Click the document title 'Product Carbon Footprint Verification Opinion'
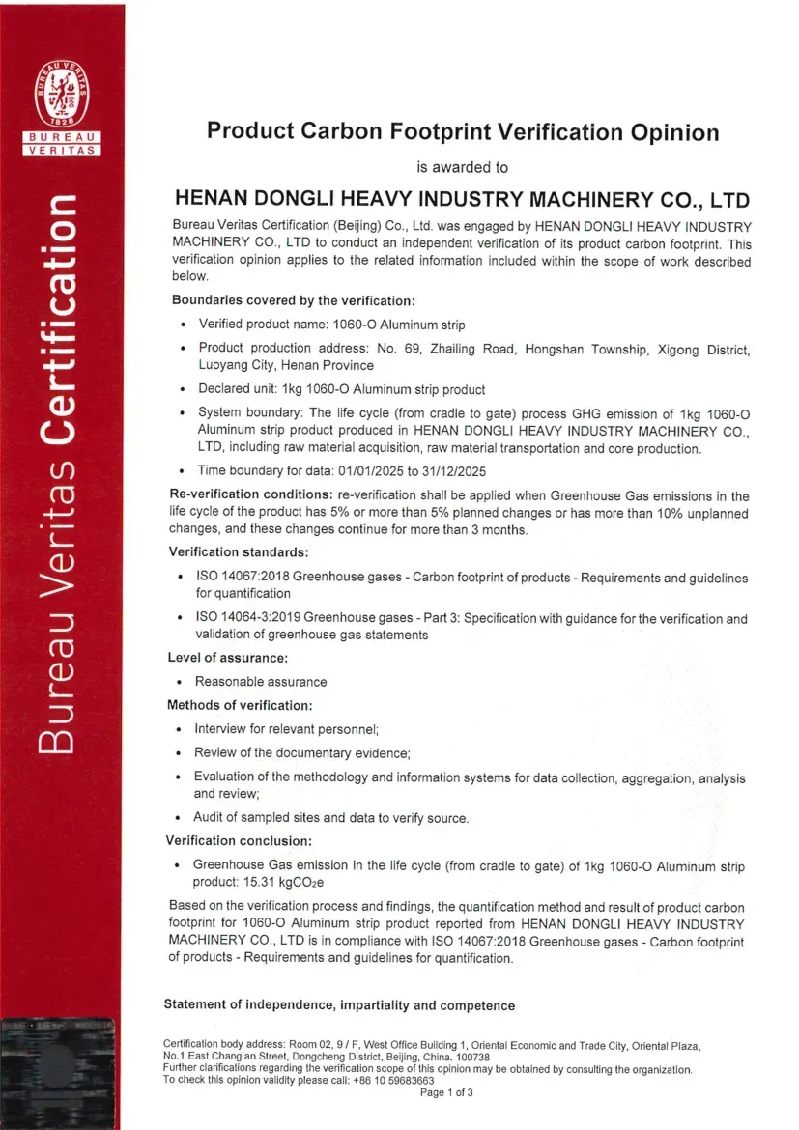(x=463, y=132)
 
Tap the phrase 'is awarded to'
(x=462, y=167)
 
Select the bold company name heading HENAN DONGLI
(x=462, y=201)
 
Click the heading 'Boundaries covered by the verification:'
(x=293, y=300)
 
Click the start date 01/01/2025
(x=360, y=471)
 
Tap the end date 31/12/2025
(x=451, y=471)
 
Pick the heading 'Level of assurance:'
(x=228, y=658)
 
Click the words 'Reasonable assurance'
(x=261, y=682)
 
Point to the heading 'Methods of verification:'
(x=240, y=705)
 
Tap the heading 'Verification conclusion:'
(x=239, y=840)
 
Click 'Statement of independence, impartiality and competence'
(x=339, y=1005)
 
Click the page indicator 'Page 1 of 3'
(x=446, y=1093)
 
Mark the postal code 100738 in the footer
(x=470, y=1057)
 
